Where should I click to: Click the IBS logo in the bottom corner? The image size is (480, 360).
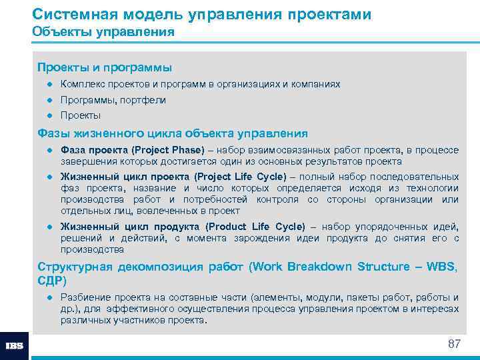(14, 346)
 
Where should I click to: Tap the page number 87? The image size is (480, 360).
(454, 344)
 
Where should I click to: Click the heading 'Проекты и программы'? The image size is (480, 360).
(105, 67)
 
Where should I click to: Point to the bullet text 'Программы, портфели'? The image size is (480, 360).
(113, 100)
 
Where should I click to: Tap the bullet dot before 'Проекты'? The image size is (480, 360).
(49, 115)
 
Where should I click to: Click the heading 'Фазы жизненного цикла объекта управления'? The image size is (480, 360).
(173, 133)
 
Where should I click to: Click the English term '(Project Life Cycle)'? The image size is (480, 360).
(239, 177)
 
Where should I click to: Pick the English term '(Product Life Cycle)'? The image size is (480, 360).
(255, 227)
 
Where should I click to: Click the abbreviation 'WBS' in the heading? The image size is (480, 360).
(443, 267)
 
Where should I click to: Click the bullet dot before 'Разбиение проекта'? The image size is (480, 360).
(49, 297)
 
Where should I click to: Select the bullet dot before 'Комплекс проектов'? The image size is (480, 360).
(49, 85)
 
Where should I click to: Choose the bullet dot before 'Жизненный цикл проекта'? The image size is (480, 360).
(49, 177)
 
